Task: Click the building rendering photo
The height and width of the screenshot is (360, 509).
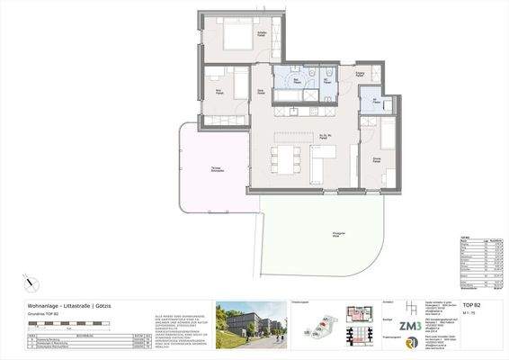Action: click(250, 324)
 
